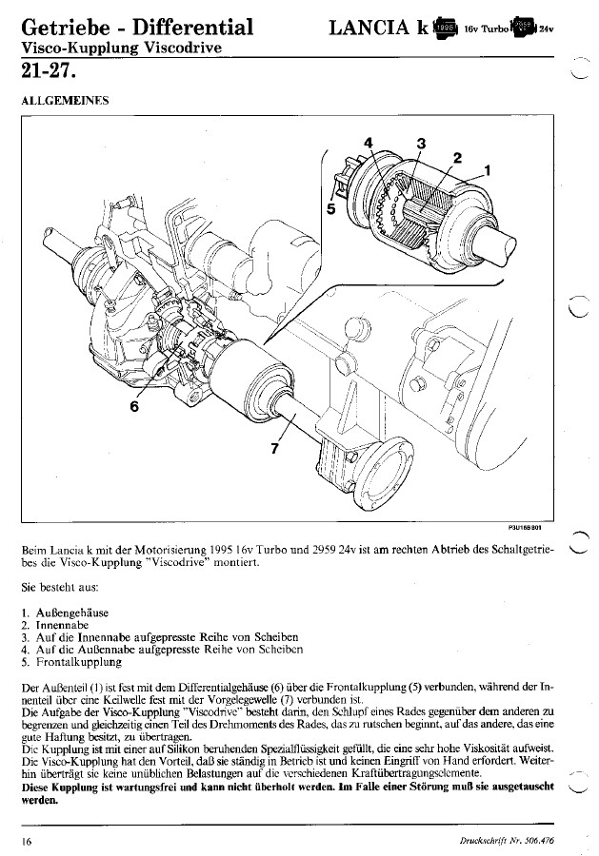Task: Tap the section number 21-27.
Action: (44, 71)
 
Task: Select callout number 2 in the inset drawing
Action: (457, 158)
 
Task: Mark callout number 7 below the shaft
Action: (274, 450)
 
